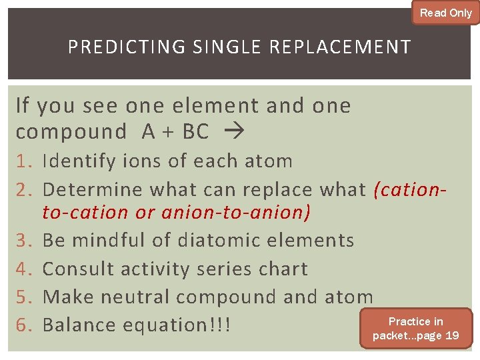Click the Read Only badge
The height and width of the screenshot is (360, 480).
pos(445,13)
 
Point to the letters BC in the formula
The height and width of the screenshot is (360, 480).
pos(195,132)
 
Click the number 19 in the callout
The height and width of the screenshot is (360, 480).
pos(451,335)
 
